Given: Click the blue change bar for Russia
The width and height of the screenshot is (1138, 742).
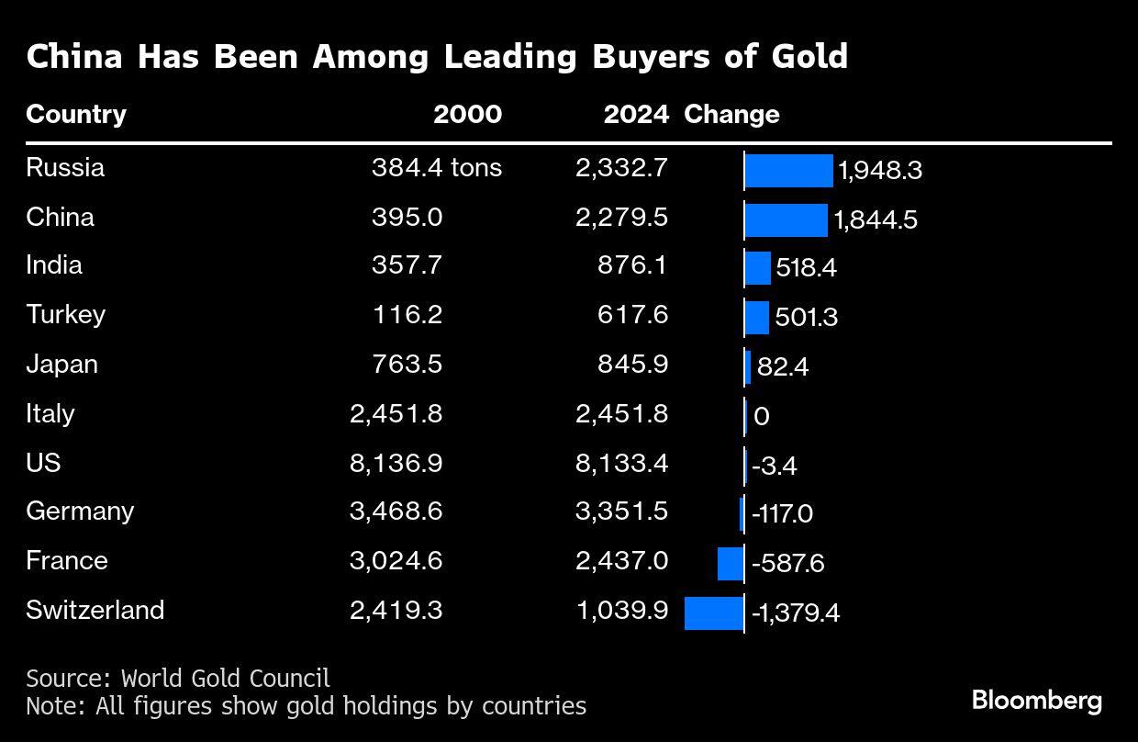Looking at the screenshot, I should click(x=788, y=171).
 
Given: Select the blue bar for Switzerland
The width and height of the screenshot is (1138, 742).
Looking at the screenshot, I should click(x=714, y=613).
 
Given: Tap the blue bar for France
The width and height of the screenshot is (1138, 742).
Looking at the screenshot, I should click(x=731, y=563).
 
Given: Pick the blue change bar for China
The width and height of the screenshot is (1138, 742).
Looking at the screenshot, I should click(x=786, y=220).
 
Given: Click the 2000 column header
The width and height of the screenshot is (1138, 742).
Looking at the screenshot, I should click(x=467, y=115).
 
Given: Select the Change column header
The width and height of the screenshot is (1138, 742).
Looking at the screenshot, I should click(x=731, y=115).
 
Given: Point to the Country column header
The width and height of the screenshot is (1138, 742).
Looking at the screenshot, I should click(x=76, y=115).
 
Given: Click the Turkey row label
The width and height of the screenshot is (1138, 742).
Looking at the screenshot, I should click(x=65, y=315).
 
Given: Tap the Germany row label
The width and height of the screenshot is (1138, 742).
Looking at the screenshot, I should click(x=80, y=512).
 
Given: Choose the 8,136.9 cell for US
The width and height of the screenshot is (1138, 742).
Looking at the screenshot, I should click(x=396, y=463).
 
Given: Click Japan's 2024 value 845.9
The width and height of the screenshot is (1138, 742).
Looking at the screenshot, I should click(x=631, y=365).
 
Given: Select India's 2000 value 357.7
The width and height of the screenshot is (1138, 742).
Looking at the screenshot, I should click(x=407, y=265).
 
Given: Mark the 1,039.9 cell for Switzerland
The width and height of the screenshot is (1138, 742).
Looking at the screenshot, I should click(x=621, y=611).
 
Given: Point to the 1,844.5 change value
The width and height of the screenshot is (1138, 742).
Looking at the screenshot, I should click(x=876, y=220).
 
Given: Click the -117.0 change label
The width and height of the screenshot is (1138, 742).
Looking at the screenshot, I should click(x=782, y=513).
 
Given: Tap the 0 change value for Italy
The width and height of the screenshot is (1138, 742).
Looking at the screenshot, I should click(x=761, y=417).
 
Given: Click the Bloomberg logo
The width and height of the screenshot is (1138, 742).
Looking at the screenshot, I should click(x=1037, y=701).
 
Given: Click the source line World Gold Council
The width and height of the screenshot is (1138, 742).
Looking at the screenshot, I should click(x=178, y=679).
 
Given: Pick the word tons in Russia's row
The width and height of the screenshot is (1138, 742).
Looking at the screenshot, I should click(x=475, y=168).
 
